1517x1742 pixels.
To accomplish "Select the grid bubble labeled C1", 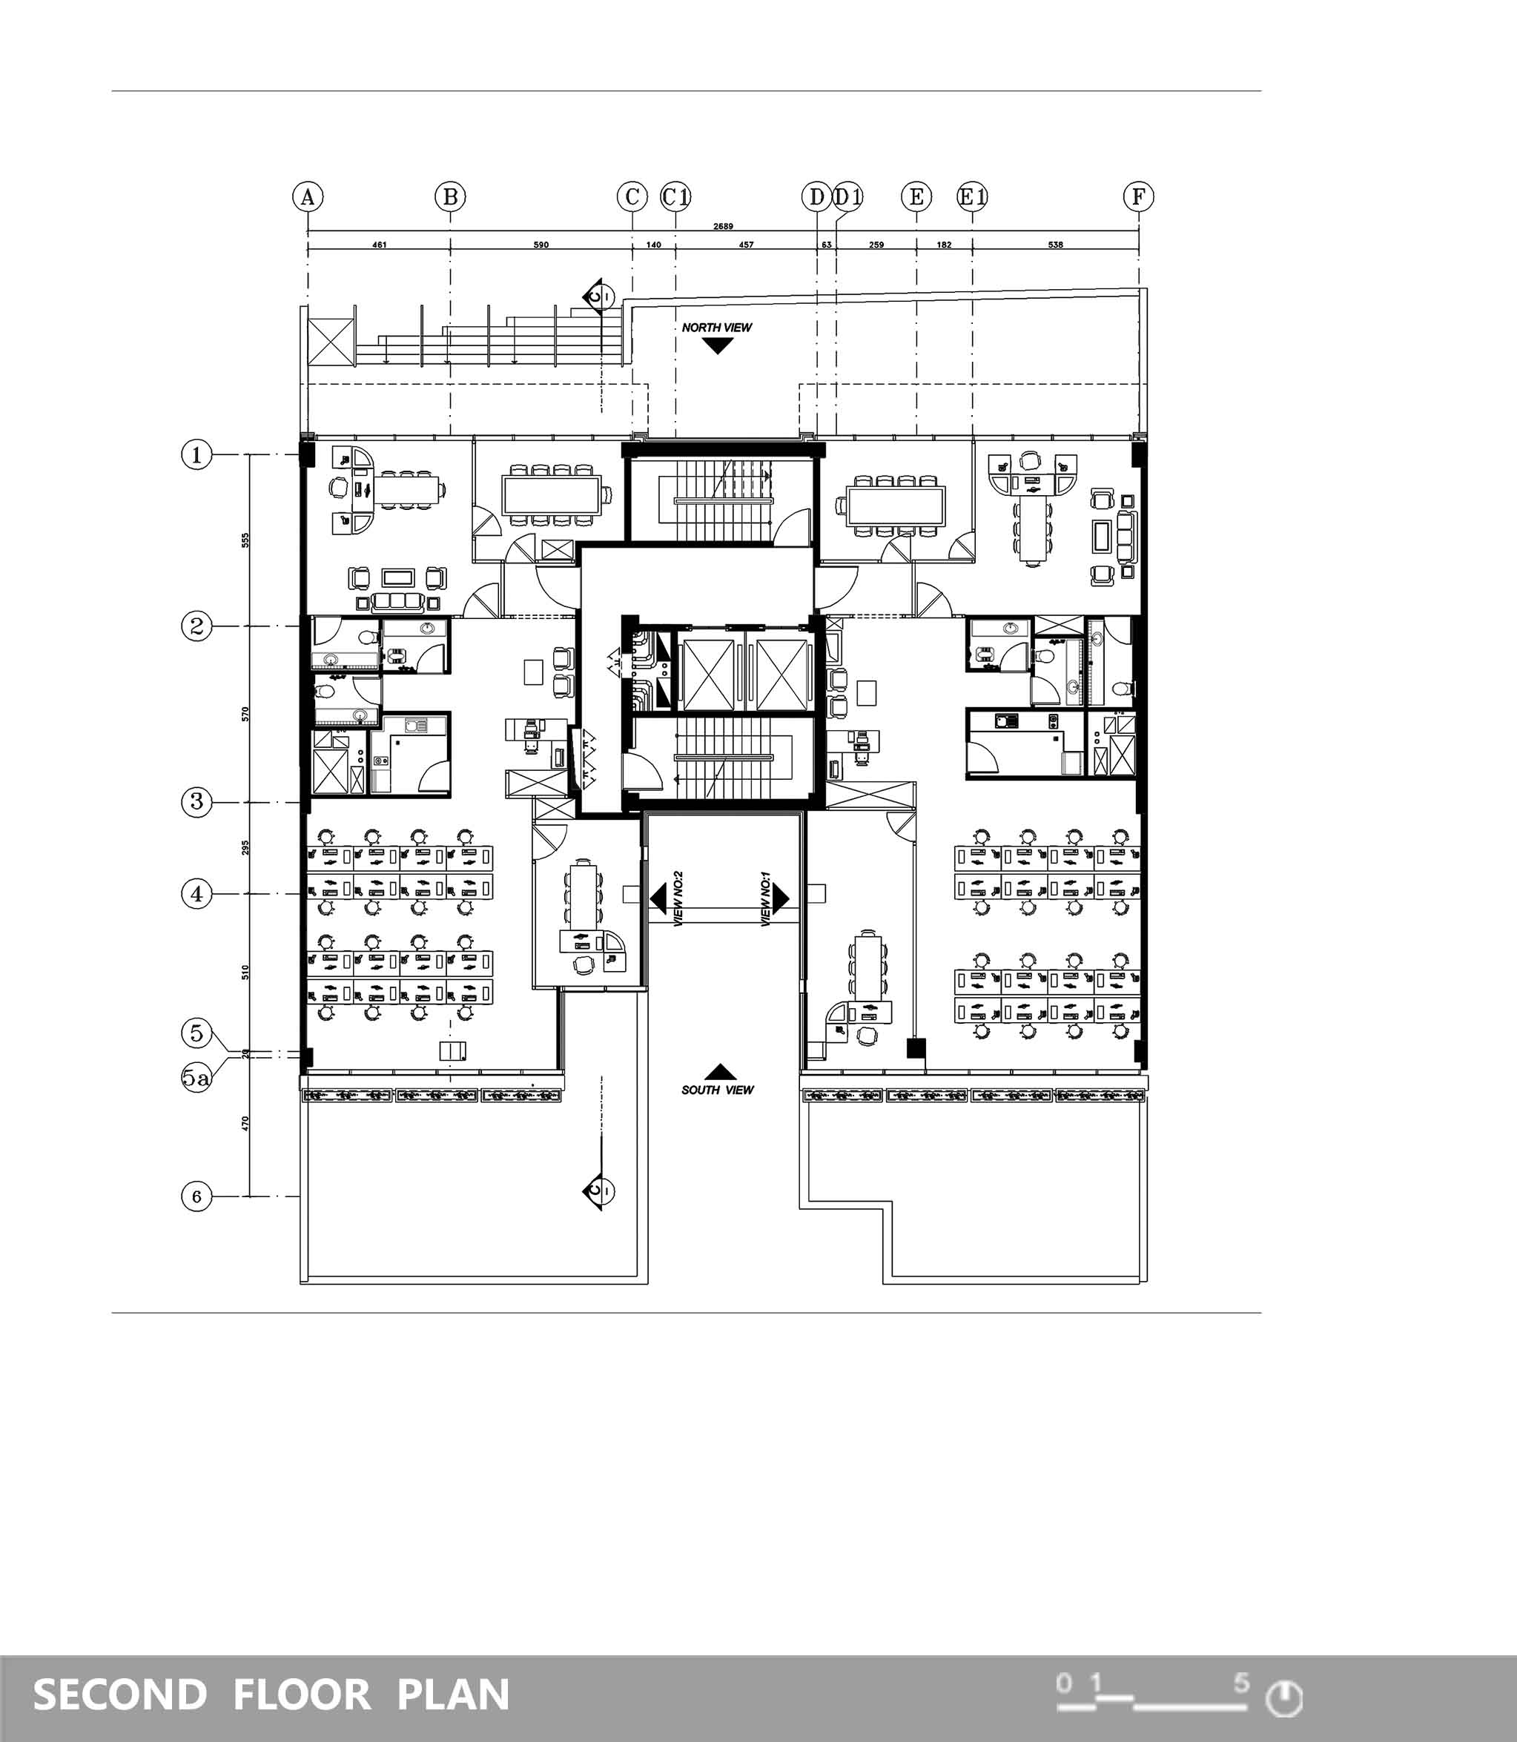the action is click(675, 197).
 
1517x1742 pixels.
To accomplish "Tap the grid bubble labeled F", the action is click(1139, 197).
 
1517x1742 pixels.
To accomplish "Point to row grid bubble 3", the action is click(196, 801).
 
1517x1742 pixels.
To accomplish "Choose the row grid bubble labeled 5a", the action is click(196, 1078).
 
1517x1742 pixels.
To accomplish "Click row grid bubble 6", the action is click(196, 1196).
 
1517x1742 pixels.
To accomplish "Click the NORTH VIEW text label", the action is click(717, 328).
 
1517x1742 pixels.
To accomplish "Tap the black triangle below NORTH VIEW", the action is click(718, 345).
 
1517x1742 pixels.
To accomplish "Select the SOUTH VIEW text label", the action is click(717, 1090).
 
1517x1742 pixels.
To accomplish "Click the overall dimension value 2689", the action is click(723, 226).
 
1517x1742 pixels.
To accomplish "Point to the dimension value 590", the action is click(541, 245).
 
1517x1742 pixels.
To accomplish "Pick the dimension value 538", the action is click(1055, 245).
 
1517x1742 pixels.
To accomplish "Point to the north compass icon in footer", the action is click(1283, 1698).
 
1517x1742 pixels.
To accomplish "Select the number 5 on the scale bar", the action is click(1241, 1682).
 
